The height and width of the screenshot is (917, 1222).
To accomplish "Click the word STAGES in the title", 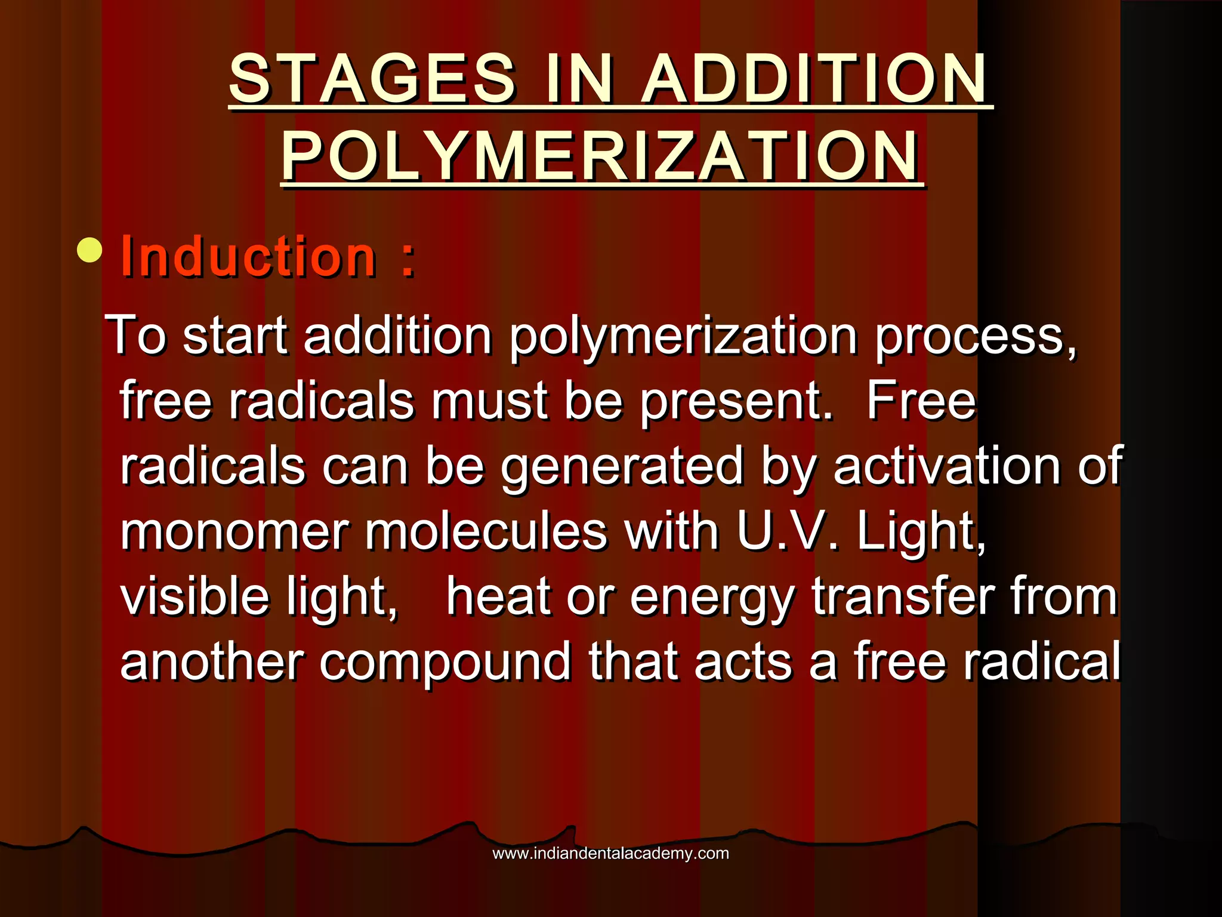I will (x=372, y=79).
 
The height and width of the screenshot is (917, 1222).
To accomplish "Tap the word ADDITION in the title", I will (x=815, y=79).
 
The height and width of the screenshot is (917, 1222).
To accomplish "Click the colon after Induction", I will (x=408, y=261).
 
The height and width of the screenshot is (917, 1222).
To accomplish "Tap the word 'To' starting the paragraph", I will (x=137, y=336).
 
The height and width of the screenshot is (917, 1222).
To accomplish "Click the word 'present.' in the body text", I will (x=736, y=401).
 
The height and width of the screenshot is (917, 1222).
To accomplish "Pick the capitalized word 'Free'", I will (x=921, y=401).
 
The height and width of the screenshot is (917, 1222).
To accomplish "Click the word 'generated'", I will (x=622, y=467).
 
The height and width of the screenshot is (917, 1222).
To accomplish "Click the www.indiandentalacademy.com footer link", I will (x=610, y=853).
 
